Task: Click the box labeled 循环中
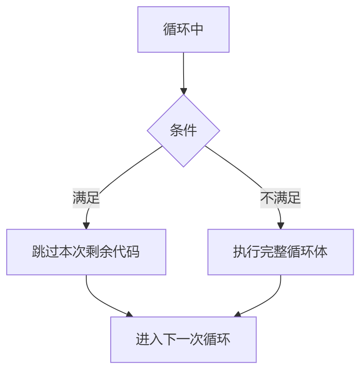(183, 29)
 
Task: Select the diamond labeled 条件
(183, 131)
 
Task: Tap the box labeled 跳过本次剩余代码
(86, 252)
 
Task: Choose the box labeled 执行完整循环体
(280, 252)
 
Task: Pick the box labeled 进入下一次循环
(183, 340)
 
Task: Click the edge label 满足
(86, 198)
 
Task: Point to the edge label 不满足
(280, 198)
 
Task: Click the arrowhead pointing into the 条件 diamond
(183, 91)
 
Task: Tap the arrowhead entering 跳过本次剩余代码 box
(86, 226)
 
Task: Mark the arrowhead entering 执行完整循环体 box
(280, 226)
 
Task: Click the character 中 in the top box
(197, 29)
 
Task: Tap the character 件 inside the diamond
(190, 131)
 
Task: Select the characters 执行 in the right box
(247, 252)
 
